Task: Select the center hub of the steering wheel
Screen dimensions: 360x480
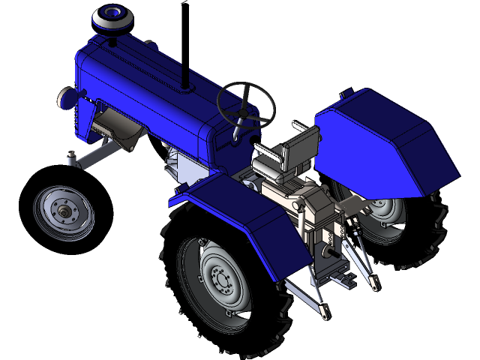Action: point(243,112)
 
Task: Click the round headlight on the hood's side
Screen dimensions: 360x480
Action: point(67,97)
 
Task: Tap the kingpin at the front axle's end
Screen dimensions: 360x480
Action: point(72,159)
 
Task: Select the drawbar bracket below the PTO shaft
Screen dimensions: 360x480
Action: point(347,280)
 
